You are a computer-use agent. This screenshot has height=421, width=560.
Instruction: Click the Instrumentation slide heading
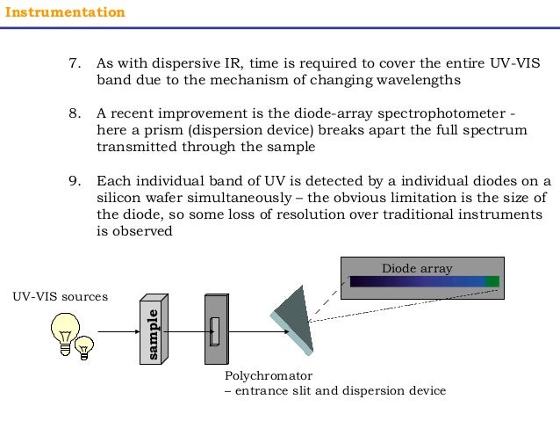click(66, 12)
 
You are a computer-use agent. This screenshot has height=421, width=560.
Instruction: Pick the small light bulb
click(84, 346)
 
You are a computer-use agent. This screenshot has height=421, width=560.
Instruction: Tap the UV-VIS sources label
click(60, 297)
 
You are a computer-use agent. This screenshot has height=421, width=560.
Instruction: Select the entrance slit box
click(215, 330)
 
